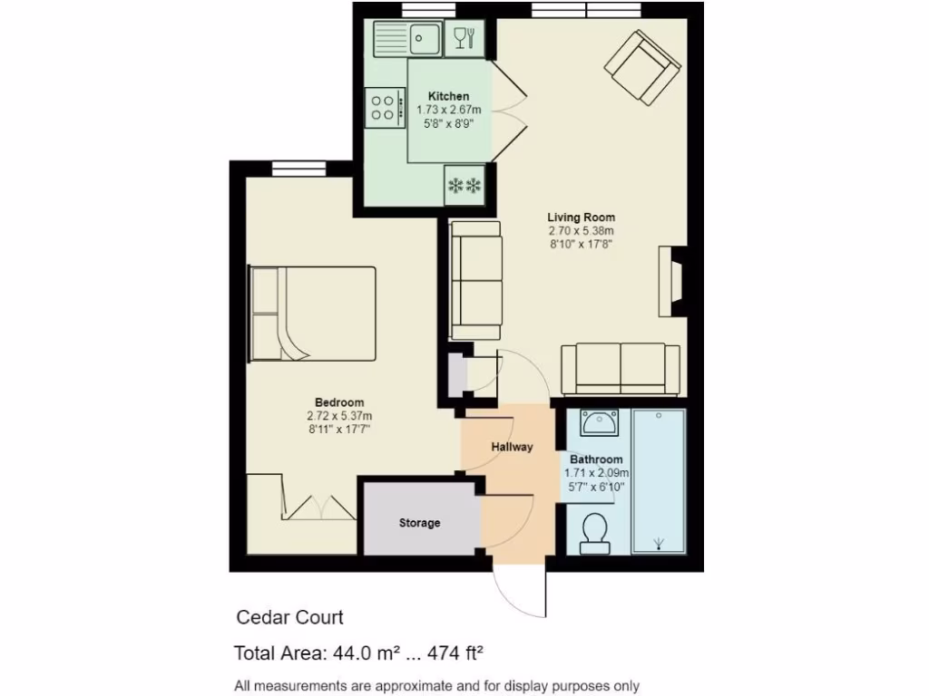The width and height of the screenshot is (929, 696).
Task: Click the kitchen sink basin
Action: [x=424, y=39]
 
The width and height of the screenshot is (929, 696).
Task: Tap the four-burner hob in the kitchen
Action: [x=386, y=108]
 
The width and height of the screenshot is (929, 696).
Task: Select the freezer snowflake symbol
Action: [x=464, y=187]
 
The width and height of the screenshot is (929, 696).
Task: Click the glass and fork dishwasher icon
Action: [x=464, y=39]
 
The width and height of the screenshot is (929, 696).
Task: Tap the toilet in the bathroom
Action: [x=595, y=532]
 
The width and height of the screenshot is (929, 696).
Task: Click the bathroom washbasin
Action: [x=597, y=422]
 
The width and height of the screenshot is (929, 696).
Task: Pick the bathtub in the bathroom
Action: [x=658, y=481]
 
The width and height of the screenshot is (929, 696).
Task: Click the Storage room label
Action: [x=419, y=523]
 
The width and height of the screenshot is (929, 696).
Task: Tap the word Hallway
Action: [x=512, y=447]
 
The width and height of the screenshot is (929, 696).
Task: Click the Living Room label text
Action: [x=581, y=217]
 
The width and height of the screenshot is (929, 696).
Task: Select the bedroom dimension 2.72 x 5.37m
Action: [x=339, y=416]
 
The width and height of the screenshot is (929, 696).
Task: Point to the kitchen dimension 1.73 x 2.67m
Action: [x=449, y=110]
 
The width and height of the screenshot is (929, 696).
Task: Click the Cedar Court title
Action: [x=290, y=618]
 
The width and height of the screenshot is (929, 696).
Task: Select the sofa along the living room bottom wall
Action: [x=621, y=369]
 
